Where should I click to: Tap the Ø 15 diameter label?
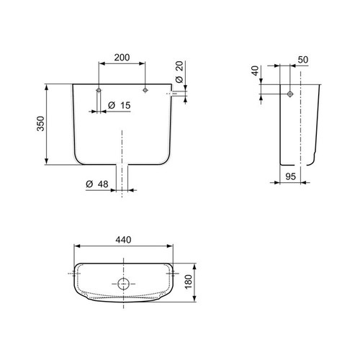point(119,106)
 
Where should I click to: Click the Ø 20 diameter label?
point(179,72)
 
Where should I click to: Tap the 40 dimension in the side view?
point(255,73)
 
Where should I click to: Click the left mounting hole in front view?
point(99,90)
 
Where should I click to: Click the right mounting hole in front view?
point(145,90)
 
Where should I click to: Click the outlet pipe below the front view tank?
point(122,179)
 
